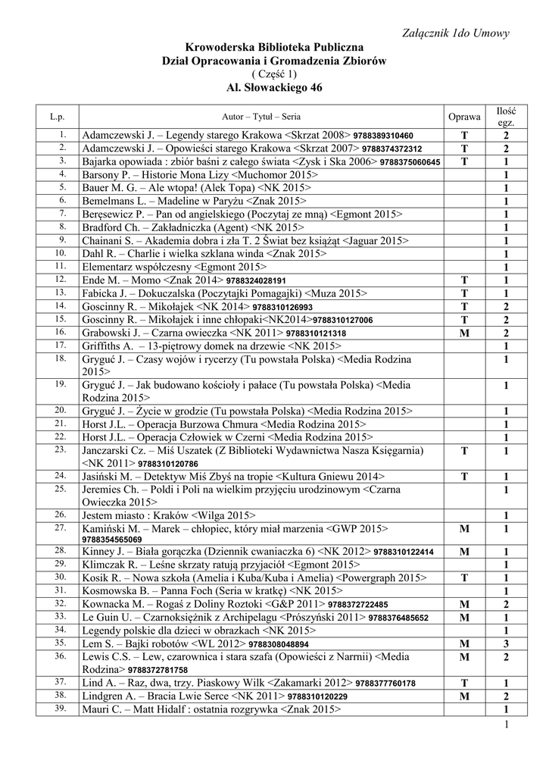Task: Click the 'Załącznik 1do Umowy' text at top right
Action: [x=458, y=33]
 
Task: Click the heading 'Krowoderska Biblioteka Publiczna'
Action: [x=274, y=48]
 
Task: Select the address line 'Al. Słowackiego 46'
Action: [x=274, y=87]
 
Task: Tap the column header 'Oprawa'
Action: [x=464, y=117]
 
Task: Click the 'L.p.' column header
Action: [x=58, y=117]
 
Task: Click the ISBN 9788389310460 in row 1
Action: [x=383, y=136]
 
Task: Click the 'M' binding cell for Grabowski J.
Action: [x=464, y=333]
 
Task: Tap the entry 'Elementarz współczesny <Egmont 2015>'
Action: [x=174, y=267]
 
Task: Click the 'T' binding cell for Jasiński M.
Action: [x=464, y=477]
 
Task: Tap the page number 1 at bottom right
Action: [x=505, y=727]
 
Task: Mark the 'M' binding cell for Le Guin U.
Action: [x=464, y=617]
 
